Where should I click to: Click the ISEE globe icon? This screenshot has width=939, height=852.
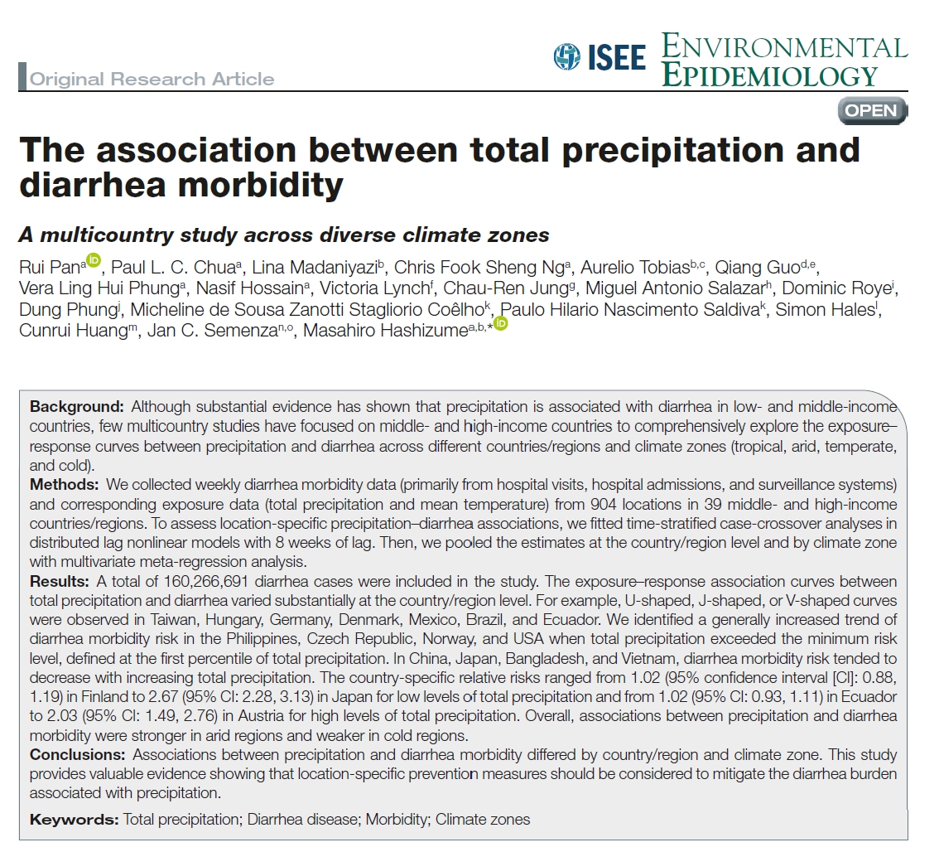tap(567, 56)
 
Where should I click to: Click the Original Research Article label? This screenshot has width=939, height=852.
tap(152, 80)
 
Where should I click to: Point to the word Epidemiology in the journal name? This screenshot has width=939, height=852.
tap(769, 75)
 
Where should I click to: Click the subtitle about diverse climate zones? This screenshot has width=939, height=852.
tap(284, 235)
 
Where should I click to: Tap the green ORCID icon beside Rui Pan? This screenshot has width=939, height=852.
tap(93, 261)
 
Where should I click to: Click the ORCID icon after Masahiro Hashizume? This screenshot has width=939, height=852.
tap(500, 323)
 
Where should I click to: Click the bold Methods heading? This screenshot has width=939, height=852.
tap(63, 482)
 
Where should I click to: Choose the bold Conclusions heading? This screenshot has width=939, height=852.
tap(79, 755)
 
